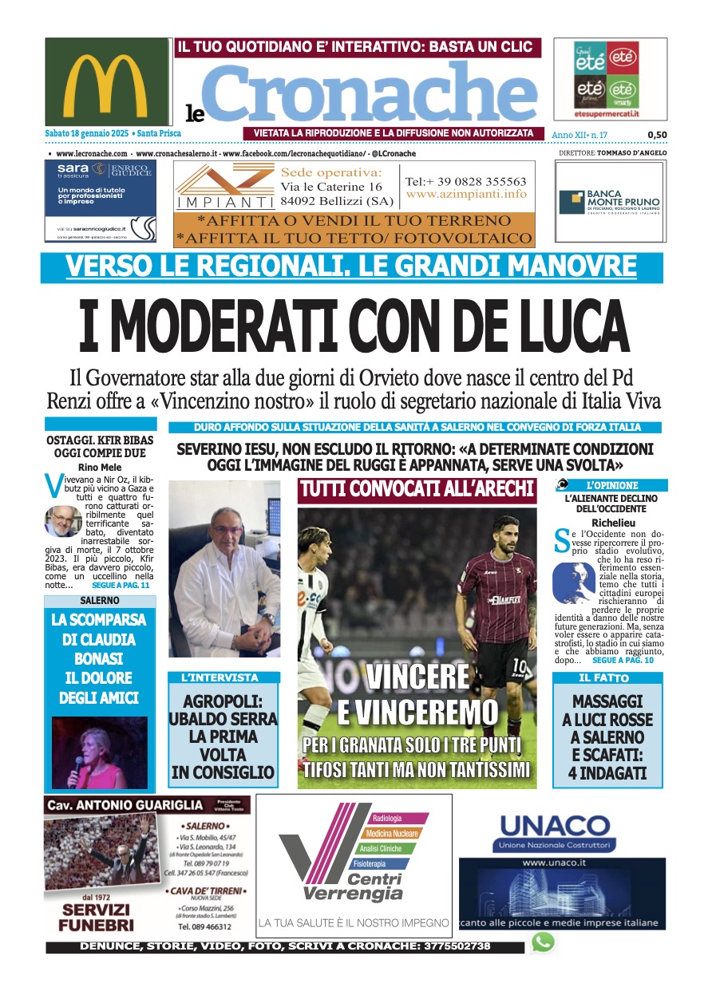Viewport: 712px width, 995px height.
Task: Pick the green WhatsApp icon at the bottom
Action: (543, 942)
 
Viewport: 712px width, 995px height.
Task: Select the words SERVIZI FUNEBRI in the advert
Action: (96, 918)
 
